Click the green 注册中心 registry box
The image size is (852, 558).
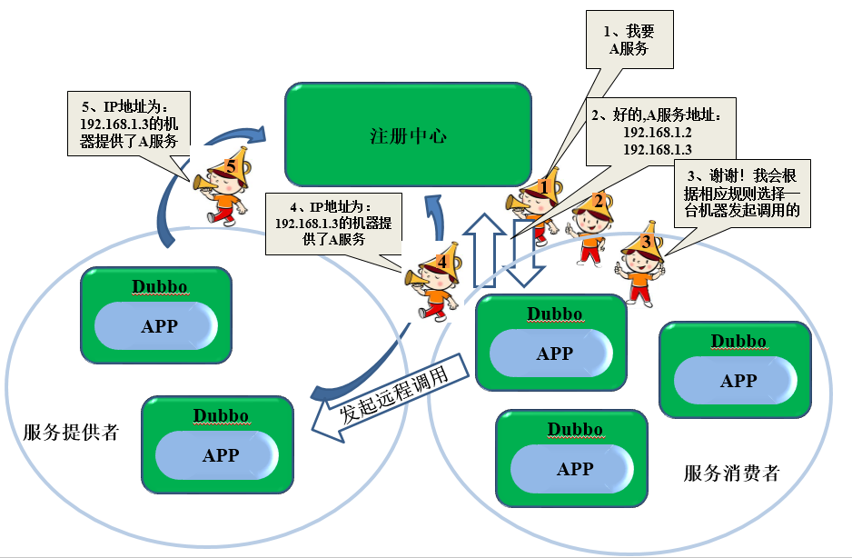click(x=408, y=135)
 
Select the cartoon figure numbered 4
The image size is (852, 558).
click(x=435, y=282)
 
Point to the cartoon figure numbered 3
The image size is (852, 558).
click(x=641, y=264)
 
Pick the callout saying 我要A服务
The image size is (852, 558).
click(x=629, y=40)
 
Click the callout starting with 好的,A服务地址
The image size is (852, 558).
click(x=660, y=132)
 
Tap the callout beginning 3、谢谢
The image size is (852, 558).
click(x=742, y=193)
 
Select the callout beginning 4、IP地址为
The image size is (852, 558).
click(x=333, y=224)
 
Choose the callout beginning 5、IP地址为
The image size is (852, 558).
click(x=129, y=124)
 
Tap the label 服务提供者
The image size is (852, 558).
click(x=71, y=433)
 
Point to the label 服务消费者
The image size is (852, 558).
click(x=731, y=473)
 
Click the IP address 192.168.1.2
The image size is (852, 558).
click(x=657, y=132)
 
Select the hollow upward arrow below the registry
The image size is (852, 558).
click(x=484, y=250)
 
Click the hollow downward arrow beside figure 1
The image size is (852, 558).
click(x=525, y=254)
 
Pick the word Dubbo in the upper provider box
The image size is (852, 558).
click(x=160, y=286)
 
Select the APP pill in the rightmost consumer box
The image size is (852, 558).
click(x=736, y=380)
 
